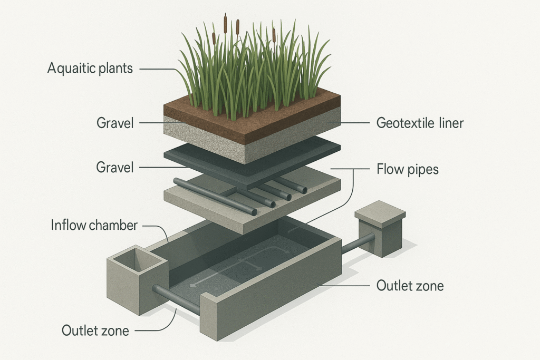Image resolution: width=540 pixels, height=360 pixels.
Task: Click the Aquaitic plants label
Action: click(x=90, y=69)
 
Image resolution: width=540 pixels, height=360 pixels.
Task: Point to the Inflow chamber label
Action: click(x=94, y=226)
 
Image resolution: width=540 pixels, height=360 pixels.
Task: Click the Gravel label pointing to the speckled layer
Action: click(x=115, y=124)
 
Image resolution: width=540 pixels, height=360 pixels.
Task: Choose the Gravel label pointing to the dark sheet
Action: click(x=115, y=168)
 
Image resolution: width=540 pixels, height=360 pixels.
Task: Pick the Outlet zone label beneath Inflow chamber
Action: click(x=95, y=330)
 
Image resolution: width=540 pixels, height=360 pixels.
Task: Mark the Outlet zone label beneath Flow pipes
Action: click(x=410, y=286)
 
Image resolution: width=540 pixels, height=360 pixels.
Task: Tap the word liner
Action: click(x=449, y=124)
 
